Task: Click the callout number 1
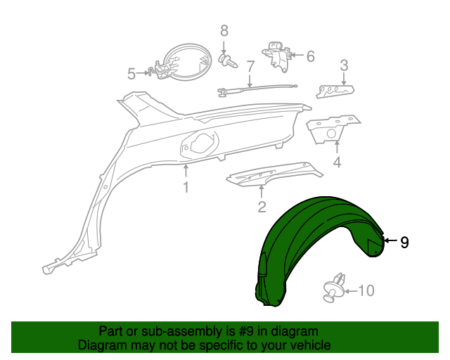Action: [186, 187]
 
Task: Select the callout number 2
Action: [262, 207]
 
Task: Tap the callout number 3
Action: [344, 65]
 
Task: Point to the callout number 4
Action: [337, 162]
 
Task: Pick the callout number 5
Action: [131, 74]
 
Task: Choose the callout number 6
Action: [311, 56]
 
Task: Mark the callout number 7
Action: [250, 67]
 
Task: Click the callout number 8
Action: [224, 31]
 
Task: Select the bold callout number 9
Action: [404, 243]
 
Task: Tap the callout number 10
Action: [366, 290]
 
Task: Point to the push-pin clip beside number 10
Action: [335, 288]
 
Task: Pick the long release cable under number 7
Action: [257, 89]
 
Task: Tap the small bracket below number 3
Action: [335, 91]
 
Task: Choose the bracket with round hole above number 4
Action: [333, 129]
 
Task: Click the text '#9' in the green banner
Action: [246, 332]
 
